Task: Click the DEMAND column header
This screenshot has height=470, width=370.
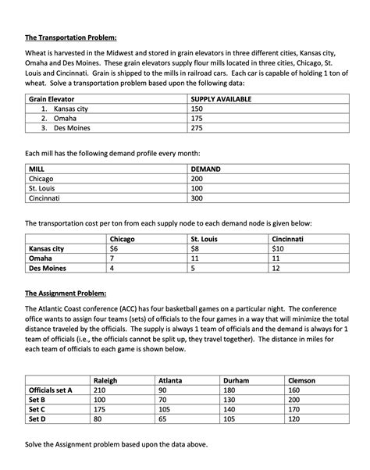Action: [x=207, y=169]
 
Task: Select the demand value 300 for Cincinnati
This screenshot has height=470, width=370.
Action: [x=197, y=198]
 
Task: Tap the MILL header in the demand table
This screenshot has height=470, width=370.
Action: [x=36, y=169]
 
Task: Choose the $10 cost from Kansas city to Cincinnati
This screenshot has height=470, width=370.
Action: [x=278, y=247]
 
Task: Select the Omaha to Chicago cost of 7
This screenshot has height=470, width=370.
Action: [x=112, y=257]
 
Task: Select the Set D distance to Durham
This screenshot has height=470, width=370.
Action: [x=229, y=418]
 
